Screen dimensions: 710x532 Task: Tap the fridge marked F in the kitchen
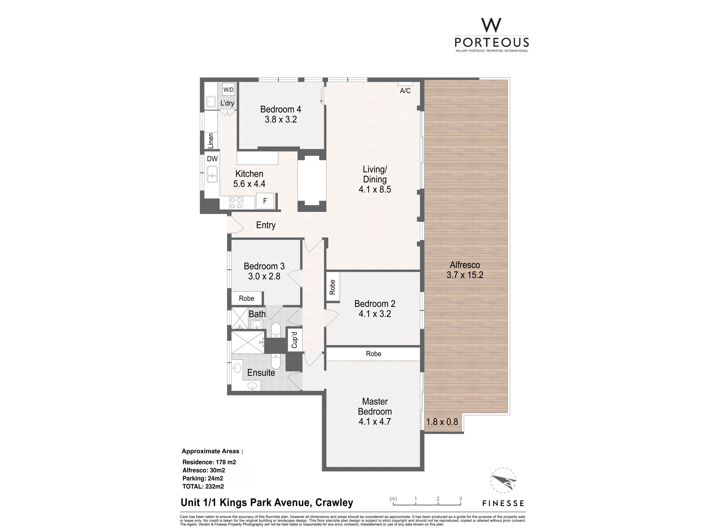point(265,201)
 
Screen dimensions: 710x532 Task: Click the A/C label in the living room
point(405,91)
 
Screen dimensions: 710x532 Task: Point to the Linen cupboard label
point(211,141)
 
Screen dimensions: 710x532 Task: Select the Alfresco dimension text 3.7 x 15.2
point(465,275)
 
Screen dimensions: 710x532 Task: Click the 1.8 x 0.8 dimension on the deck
point(442,422)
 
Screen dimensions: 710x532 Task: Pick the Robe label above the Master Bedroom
point(374,354)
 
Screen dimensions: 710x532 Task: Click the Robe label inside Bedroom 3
point(246,298)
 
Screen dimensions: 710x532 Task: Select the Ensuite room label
point(261,373)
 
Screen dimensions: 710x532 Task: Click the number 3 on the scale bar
point(461,499)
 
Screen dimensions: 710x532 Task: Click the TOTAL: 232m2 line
point(203,486)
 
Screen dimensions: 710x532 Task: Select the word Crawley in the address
point(334,502)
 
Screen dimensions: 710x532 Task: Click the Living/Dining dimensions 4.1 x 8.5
point(375,190)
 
